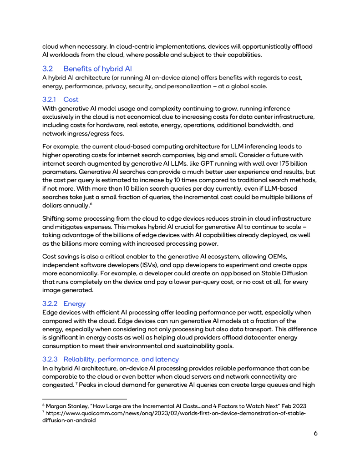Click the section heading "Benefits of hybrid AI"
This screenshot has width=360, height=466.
point(97,69)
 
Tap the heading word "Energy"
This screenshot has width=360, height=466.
point(74,304)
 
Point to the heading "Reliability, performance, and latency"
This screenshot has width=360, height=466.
point(121,360)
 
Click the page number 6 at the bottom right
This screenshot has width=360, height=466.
point(315,433)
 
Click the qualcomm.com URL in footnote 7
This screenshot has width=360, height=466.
point(173,413)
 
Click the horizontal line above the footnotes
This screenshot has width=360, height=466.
point(84,399)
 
